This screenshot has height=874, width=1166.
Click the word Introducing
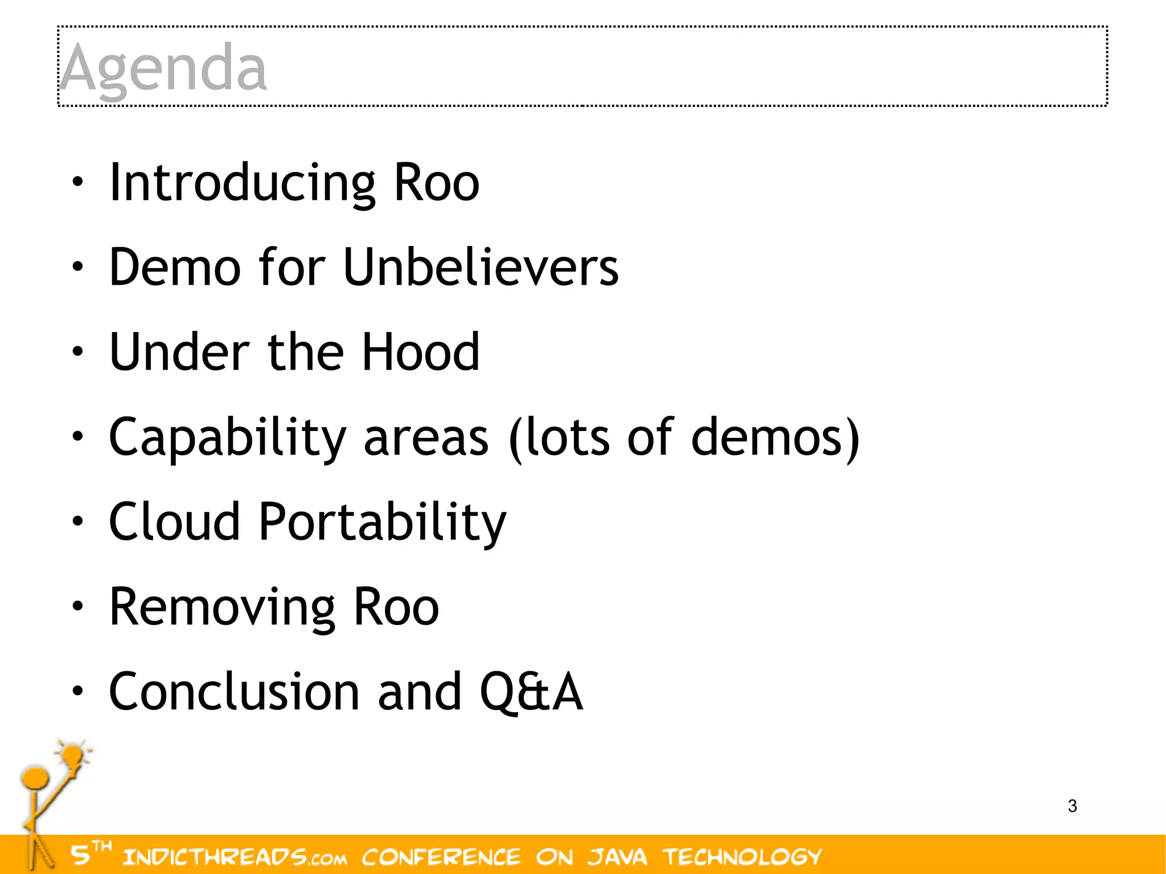[242, 183]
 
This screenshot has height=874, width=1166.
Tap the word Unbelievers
[481, 267]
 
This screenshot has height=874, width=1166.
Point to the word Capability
[227, 437]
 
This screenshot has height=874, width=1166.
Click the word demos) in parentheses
[774, 437]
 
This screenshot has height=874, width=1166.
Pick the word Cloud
[174, 522]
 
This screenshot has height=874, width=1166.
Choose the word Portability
[382, 523]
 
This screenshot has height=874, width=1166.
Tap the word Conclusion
[234, 692]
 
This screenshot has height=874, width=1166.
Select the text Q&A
[531, 692]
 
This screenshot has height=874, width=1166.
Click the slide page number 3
[1072, 806]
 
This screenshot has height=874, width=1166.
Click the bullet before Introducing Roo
[77, 183]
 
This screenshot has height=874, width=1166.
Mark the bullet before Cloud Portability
[77, 522]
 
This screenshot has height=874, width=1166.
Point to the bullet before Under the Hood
[77, 352]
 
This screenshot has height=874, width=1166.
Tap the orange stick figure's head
[35, 778]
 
